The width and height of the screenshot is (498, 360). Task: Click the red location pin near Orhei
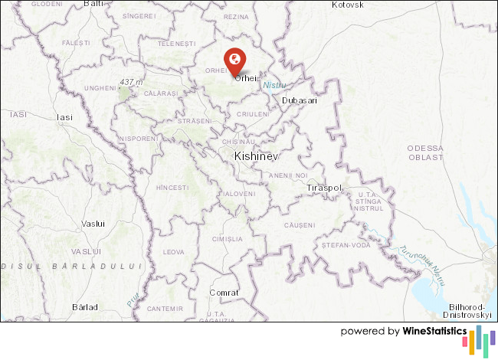click(234, 58)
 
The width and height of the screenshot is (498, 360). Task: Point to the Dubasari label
click(300, 100)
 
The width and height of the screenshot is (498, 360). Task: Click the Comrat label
click(224, 293)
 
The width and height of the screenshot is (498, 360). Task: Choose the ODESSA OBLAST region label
click(426, 152)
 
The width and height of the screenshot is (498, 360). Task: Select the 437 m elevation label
click(132, 82)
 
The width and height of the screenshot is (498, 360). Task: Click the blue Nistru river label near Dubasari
click(274, 86)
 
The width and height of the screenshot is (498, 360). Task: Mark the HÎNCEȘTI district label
click(172, 188)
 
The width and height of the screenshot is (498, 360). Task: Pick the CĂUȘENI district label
click(299, 225)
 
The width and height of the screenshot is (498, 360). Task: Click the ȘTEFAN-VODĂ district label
click(346, 245)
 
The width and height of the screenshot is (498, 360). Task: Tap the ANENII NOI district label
click(287, 175)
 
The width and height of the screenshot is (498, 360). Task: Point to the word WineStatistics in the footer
click(434, 332)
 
